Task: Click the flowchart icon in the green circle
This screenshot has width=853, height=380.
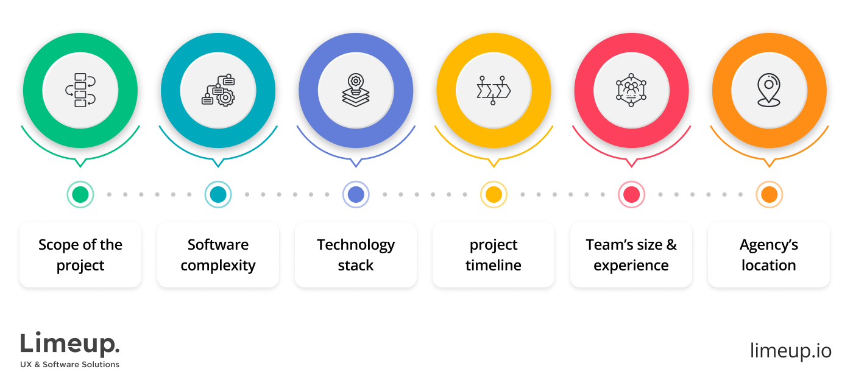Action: click(x=80, y=90)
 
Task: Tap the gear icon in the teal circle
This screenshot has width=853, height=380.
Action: click(x=218, y=90)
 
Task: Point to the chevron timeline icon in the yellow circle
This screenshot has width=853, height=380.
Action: click(x=493, y=90)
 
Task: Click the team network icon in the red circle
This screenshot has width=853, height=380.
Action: click(x=631, y=90)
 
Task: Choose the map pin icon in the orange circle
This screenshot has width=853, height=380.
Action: click(x=768, y=90)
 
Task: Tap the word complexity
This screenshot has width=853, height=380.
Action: click(x=218, y=266)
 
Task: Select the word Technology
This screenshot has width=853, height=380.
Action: click(x=356, y=245)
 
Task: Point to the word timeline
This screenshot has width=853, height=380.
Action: click(x=494, y=266)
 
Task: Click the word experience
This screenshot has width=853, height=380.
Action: click(x=631, y=266)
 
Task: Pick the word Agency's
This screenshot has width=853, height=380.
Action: click(x=769, y=245)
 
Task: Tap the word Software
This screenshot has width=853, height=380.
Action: click(x=218, y=245)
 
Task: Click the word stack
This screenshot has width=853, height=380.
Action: click(x=356, y=266)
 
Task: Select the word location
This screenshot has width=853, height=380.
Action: click(x=769, y=266)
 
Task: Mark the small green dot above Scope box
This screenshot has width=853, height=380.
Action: click(x=81, y=195)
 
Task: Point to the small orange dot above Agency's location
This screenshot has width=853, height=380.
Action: click(x=769, y=195)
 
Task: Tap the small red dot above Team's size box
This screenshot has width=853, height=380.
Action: click(x=631, y=195)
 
